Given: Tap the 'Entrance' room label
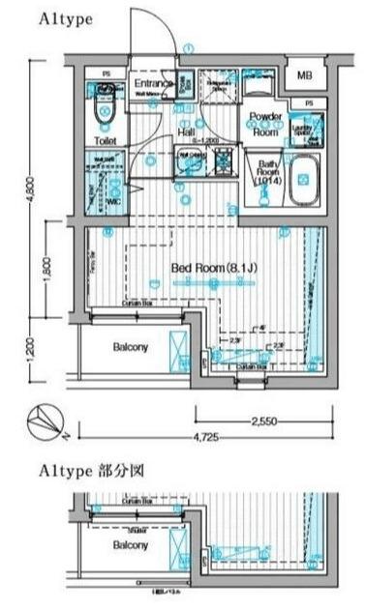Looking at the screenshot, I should [152, 84].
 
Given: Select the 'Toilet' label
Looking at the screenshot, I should [106, 141].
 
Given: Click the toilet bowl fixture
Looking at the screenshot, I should [106, 117].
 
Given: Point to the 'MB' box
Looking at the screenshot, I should [305, 75].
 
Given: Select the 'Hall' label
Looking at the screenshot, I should [188, 131].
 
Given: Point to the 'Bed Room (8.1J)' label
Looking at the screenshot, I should [211, 267].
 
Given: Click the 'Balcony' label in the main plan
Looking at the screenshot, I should [131, 346].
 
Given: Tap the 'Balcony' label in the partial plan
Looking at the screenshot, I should [131, 545].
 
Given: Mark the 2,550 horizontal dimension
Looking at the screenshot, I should [265, 421].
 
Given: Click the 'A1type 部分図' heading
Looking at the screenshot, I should [86, 472].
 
